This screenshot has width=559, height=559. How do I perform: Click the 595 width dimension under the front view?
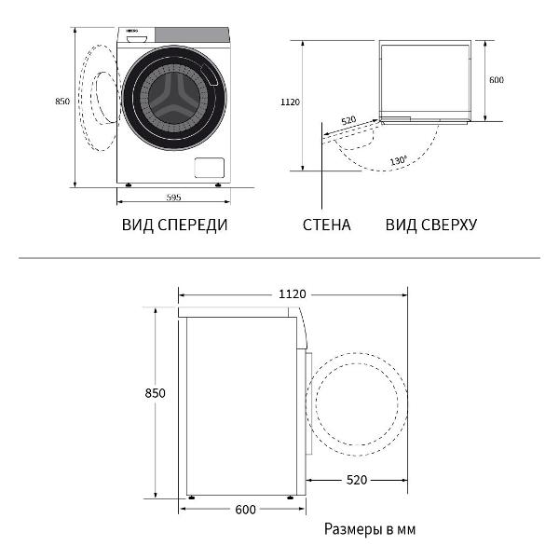coord(173,198)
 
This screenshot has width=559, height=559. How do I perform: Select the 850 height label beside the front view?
coord(62,102)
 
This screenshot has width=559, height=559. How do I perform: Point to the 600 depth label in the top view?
coord(497,80)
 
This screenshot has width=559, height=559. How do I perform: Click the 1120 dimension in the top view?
coord(290,103)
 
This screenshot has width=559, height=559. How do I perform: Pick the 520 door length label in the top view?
coord(348,120)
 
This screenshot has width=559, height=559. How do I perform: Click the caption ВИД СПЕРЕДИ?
coord(174,225)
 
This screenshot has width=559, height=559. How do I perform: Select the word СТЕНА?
coord(327,225)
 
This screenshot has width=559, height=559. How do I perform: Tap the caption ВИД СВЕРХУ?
coord(431,225)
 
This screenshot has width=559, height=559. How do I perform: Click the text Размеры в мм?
coord(370,530)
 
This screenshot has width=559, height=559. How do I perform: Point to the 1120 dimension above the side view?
coord(292,294)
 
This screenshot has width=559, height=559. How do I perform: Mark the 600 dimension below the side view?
coord(246,510)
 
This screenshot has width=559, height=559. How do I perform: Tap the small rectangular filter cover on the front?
coord(209,168)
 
